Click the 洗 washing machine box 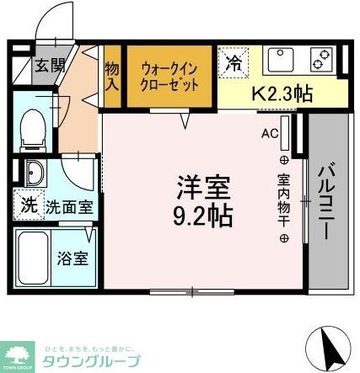pos(27,205)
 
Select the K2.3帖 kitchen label pos(282,93)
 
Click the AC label pos(269,133)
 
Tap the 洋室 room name pos(202,184)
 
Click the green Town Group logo pos(19,354)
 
